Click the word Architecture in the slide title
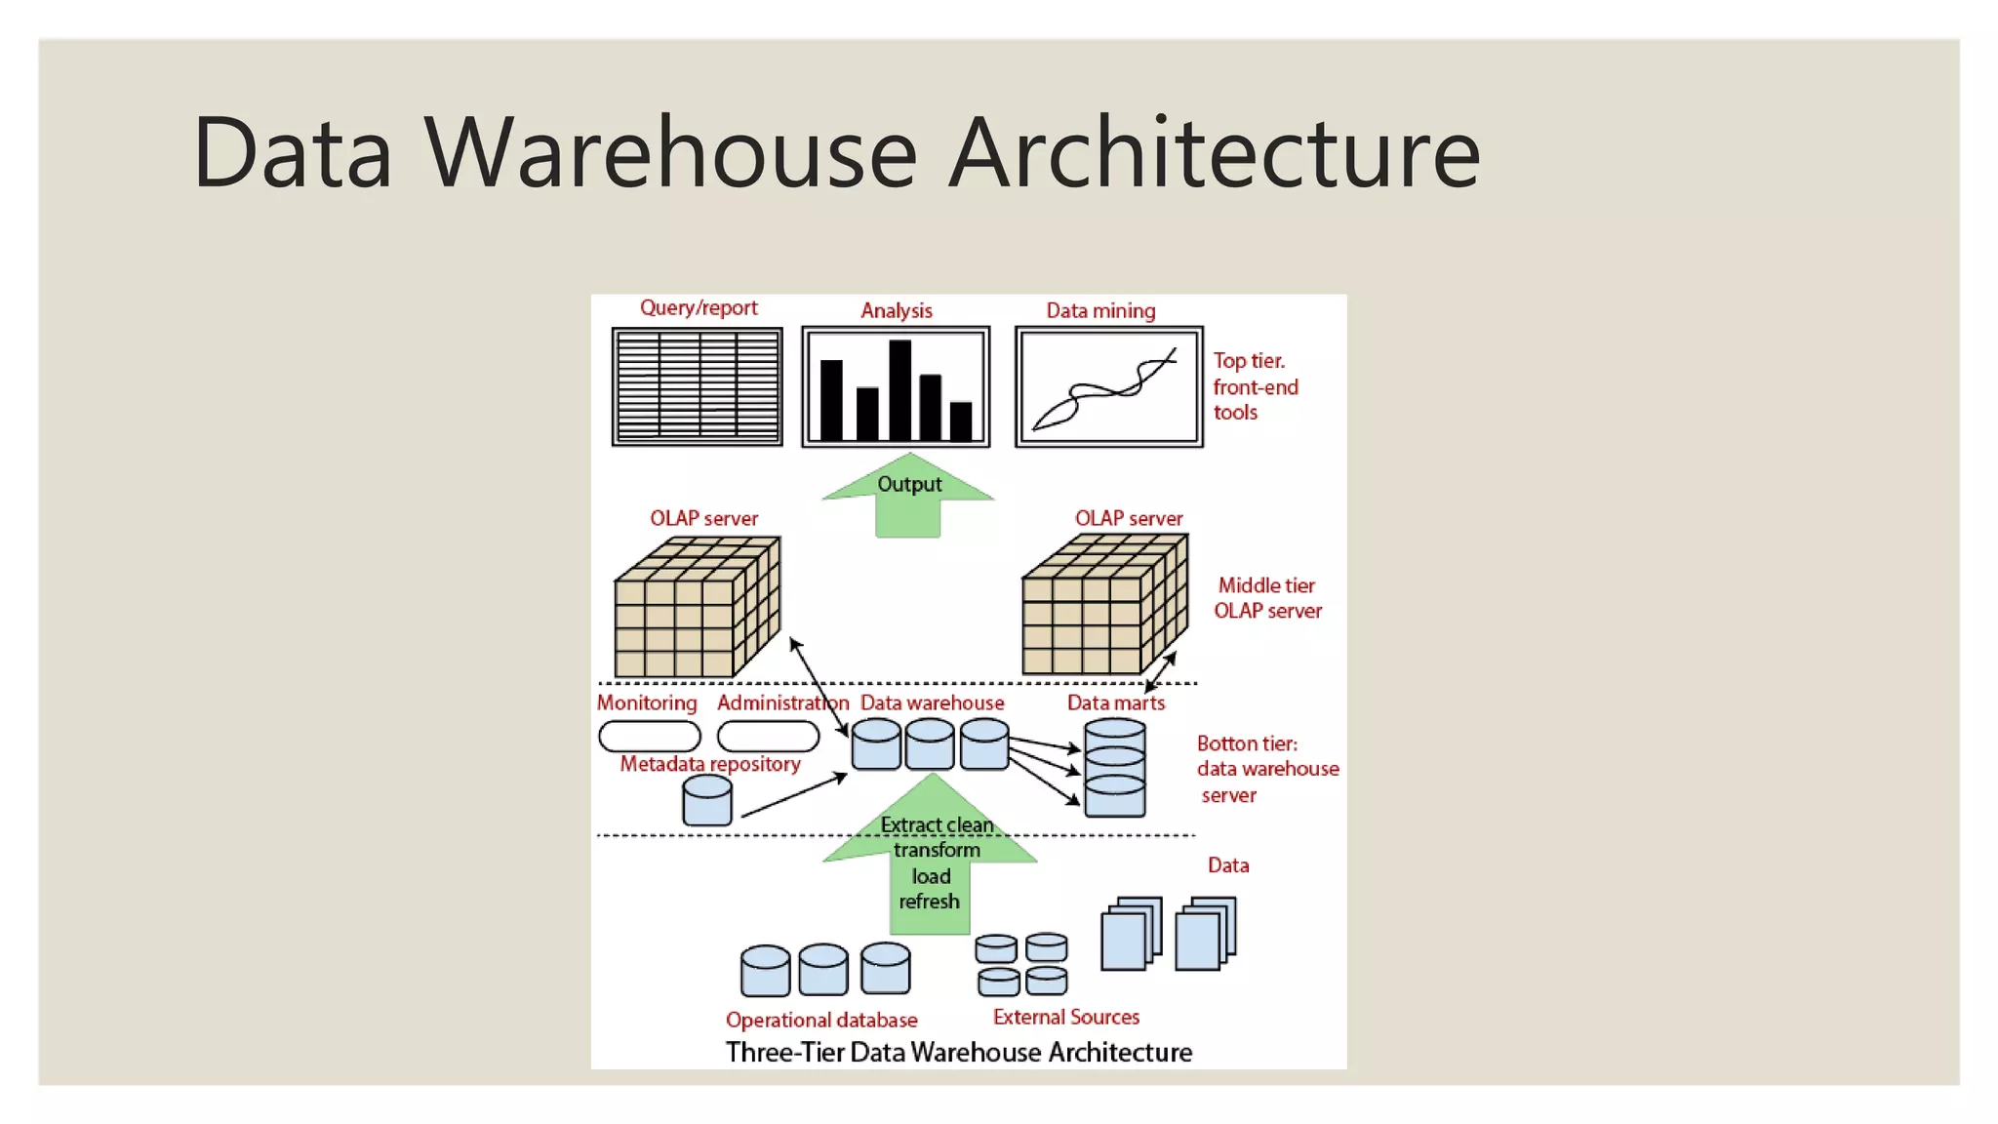pyautogui.click(x=1215, y=153)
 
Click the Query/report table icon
pyautogui.click(x=697, y=386)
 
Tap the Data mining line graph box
pyautogui.click(x=1108, y=386)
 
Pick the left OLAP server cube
pyautogui.click(x=695, y=607)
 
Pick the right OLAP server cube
pyautogui.click(x=1103, y=606)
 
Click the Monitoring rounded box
pyautogui.click(x=649, y=736)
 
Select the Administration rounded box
pyautogui.click(x=768, y=736)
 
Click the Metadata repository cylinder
pyautogui.click(x=707, y=801)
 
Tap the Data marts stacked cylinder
pyautogui.click(x=1115, y=768)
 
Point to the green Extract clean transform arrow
pyautogui.click(x=931, y=859)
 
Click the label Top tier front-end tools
pyautogui.click(x=1255, y=386)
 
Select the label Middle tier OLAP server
pyautogui.click(x=1267, y=598)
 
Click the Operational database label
pyautogui.click(x=821, y=1020)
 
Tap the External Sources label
pyautogui.click(x=1065, y=1017)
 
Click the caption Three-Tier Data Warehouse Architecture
pyautogui.click(x=958, y=1052)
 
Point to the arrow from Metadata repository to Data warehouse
pyautogui.click(x=793, y=795)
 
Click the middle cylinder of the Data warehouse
pyautogui.click(x=929, y=745)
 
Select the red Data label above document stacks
pyautogui.click(x=1227, y=865)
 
